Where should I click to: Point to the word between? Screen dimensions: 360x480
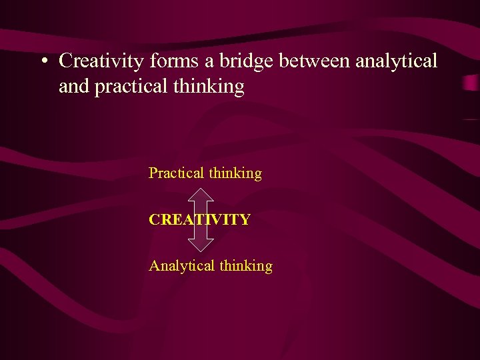tap(315, 61)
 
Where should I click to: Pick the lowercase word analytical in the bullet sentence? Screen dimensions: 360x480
tap(397, 61)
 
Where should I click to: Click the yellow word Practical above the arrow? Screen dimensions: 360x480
tap(176, 173)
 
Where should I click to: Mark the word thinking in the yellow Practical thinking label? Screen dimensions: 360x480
tap(235, 173)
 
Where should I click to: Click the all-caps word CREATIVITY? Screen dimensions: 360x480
tap(199, 219)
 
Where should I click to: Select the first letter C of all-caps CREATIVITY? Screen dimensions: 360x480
tap(154, 219)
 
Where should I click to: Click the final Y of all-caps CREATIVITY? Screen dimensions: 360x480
tap(245, 219)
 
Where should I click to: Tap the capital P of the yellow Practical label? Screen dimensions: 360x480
tap(153, 173)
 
